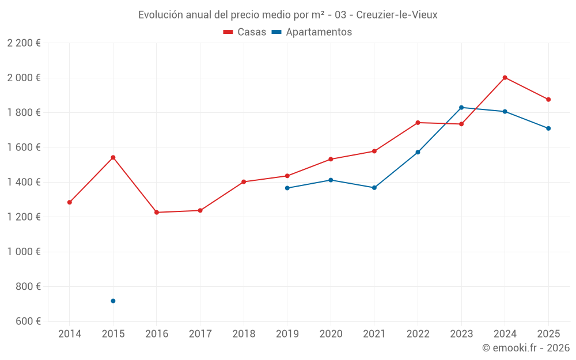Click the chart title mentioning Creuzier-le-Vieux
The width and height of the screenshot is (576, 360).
coord(287,15)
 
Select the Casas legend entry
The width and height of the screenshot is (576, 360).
coord(245,32)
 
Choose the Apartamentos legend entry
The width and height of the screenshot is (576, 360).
coord(311,32)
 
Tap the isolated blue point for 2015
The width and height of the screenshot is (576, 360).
coord(113,301)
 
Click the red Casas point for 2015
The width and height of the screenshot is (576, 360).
coord(113,157)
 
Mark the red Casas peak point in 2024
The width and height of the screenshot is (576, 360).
coord(505,77)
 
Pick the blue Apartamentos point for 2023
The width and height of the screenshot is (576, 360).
coord(461,107)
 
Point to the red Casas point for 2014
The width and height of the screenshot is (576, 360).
coord(70,202)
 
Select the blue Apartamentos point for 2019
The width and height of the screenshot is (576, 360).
coord(287,188)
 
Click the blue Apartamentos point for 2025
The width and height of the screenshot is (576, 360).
coord(548,128)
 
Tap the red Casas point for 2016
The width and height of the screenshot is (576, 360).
coord(157,213)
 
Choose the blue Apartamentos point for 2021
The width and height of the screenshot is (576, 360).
coord(374,188)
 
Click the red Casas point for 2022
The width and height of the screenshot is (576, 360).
coord(418,122)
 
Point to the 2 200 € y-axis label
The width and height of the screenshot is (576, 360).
coord(24,43)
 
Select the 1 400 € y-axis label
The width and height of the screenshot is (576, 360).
coord(24,182)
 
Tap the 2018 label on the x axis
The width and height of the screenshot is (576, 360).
coord(244,334)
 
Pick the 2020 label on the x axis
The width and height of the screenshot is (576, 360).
coord(331,334)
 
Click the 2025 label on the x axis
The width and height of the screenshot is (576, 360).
coord(548,334)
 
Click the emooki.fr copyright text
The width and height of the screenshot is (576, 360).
coord(525,348)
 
